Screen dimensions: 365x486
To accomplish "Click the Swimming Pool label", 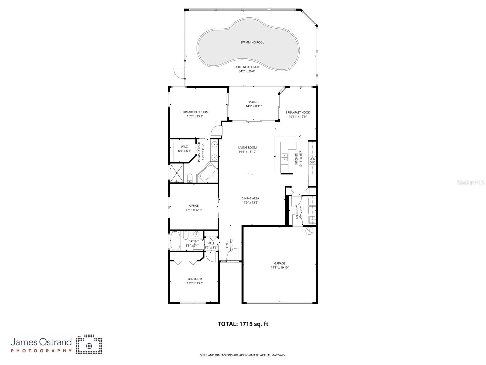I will coord(252,42).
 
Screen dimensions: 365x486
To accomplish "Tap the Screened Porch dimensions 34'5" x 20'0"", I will coord(246,71).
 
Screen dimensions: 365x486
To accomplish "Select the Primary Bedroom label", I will coord(195,112).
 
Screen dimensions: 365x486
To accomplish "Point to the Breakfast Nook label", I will coord(298,112).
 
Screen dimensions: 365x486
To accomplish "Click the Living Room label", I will coord(247,148).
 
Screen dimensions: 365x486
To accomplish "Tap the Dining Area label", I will coord(250,198).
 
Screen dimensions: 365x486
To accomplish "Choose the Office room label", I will coord(194,206).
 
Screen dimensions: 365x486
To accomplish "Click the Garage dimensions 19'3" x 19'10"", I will coord(280,268).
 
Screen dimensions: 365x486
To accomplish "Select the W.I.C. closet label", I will coord(184,146).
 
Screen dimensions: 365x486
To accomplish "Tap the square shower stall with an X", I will coord(177,173).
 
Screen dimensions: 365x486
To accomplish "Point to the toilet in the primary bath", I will coord(190,177).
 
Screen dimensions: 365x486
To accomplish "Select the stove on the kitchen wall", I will coord(312,160).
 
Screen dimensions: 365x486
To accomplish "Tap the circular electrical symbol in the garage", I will coord(309,231).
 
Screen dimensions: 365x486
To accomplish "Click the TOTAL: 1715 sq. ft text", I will coord(243,324).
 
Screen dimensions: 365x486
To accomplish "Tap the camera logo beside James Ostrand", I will coord(89,345).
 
